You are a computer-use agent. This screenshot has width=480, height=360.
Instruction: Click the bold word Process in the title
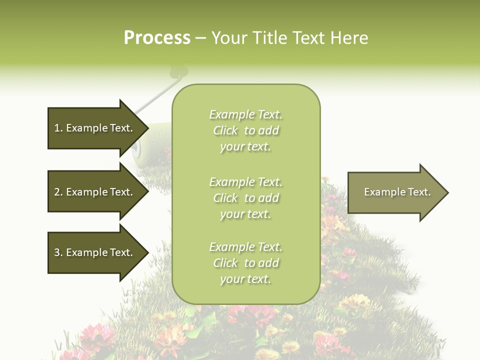point(157,38)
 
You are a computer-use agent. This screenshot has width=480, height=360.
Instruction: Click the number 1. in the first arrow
point(58,128)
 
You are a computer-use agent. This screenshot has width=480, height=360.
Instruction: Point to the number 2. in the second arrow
point(58,192)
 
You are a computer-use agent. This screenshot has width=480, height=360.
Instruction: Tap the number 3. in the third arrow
point(58,252)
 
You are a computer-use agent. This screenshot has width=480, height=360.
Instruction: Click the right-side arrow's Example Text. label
point(397,192)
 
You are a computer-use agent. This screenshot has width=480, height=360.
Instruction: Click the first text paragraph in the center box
point(245,130)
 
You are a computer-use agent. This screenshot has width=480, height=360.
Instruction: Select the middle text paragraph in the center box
point(245,198)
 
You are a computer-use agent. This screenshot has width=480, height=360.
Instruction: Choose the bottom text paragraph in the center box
point(245,263)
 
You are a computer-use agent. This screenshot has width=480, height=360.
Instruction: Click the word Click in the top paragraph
point(225,130)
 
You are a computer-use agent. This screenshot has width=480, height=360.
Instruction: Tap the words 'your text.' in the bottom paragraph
point(245,279)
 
